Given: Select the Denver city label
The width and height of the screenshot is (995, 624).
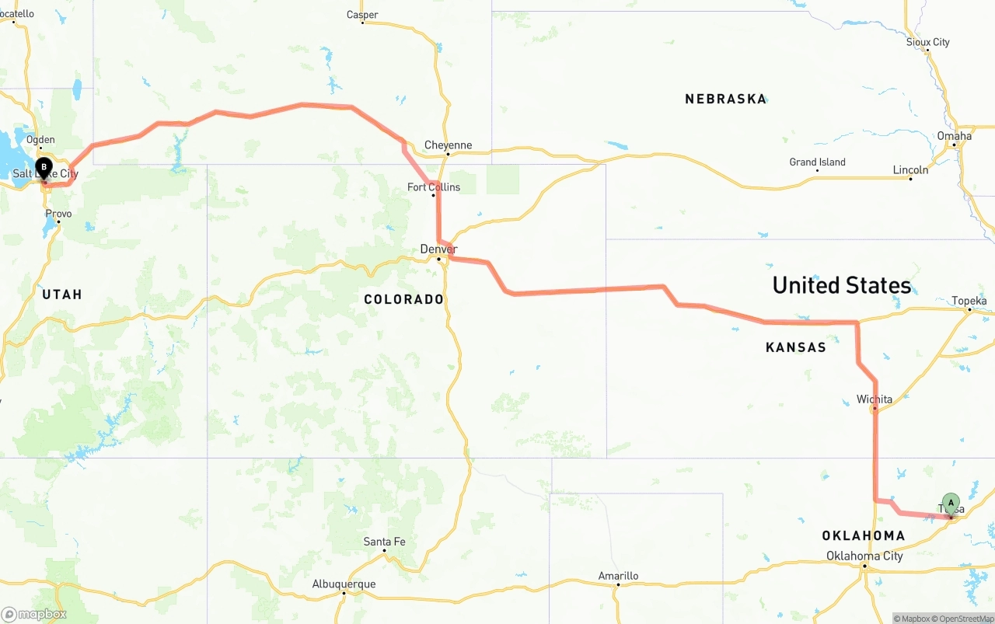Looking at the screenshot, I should click(x=438, y=249).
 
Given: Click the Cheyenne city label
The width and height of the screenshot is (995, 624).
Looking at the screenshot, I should click(x=448, y=145).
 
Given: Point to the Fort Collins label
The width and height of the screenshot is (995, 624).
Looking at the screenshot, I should click(x=434, y=187).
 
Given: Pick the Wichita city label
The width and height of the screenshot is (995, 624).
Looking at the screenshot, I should click(x=875, y=399).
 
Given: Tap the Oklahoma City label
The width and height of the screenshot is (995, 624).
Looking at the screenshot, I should click(x=864, y=556).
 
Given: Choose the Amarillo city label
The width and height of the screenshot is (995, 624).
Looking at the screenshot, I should click(x=618, y=576).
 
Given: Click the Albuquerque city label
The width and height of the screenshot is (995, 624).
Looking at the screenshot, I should click(x=344, y=584).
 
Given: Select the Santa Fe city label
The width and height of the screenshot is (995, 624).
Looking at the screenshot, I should click(x=384, y=542).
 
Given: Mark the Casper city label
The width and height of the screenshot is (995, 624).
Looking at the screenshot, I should click(x=362, y=15).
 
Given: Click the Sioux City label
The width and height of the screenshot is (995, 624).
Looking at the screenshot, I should click(x=927, y=42).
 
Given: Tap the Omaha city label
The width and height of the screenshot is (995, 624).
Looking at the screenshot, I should click(x=954, y=136).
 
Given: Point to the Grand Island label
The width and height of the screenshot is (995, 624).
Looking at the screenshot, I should click(x=817, y=162).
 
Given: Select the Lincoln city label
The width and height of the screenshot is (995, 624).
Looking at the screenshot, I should click(x=910, y=169).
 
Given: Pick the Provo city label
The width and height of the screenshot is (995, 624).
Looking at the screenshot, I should click(x=58, y=214).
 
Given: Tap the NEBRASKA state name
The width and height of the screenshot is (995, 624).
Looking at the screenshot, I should click(x=725, y=99).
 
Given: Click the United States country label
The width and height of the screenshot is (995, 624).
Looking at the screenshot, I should click(x=841, y=285).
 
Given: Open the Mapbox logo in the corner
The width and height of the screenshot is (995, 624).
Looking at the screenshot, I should click(x=34, y=614).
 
